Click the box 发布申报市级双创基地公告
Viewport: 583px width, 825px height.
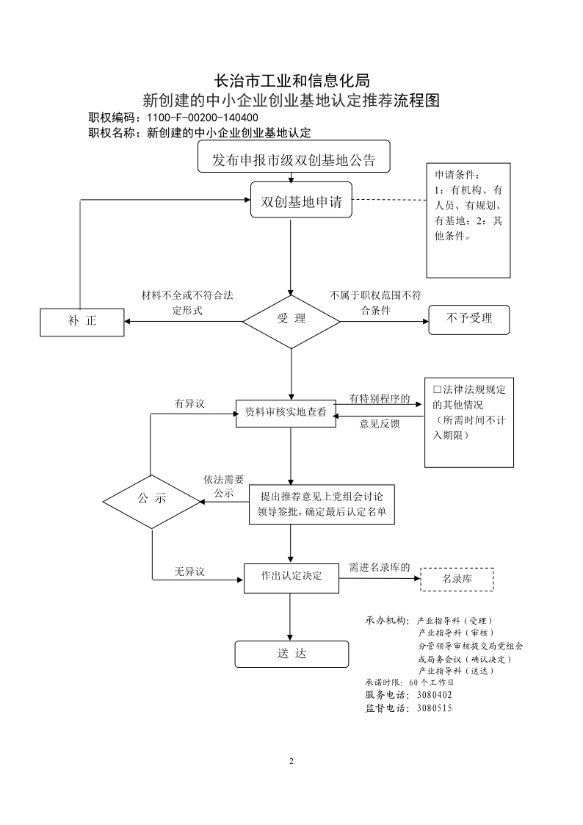294,156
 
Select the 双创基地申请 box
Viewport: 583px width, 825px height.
301,200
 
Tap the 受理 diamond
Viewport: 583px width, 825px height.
291,322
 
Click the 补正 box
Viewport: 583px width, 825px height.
82,322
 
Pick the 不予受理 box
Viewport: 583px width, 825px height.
469,320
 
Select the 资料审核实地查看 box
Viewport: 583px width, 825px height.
286,413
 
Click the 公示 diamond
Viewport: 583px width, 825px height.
152,502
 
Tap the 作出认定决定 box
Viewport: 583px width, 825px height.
291,577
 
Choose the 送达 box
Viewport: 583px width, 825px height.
291,654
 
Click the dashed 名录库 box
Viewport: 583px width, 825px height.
457,580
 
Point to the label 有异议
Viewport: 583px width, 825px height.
189,403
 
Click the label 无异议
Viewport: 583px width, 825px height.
189,572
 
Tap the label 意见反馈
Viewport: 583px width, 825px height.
380,424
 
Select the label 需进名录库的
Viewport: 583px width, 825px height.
380,567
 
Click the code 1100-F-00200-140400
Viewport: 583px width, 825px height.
203,118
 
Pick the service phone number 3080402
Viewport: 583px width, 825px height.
434,695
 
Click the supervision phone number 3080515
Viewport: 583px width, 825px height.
434,708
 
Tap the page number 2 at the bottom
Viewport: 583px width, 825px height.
291,761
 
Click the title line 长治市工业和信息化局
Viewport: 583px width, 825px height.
291,81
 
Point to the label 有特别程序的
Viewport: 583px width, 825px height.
380,399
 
